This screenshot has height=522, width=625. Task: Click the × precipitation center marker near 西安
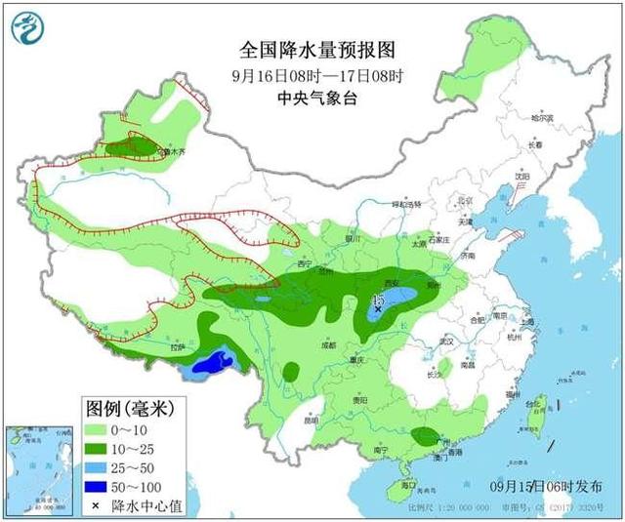pyautogui.click(x=379, y=308)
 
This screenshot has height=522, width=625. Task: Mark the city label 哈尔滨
pyautogui.click(x=542, y=118)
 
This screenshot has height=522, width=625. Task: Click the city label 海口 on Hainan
pyautogui.click(x=408, y=485)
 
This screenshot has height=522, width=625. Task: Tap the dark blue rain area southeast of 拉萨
pyautogui.click(x=213, y=364)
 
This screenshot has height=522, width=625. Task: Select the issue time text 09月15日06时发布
pyautogui.click(x=553, y=486)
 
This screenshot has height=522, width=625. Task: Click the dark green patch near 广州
pyautogui.click(x=425, y=435)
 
